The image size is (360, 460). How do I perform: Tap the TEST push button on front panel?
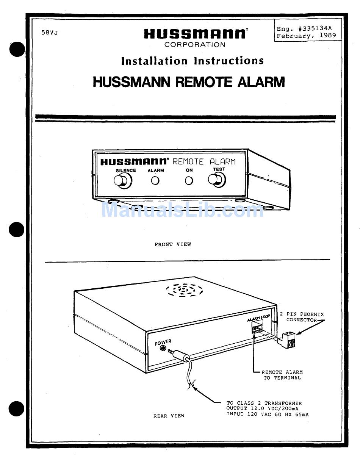(x=217, y=180)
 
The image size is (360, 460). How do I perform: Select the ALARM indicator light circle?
(x=155, y=181)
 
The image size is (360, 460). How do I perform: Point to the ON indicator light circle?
(x=189, y=181)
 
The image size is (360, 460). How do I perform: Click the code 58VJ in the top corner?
(x=50, y=33)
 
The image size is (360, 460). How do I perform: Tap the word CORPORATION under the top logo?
(x=195, y=45)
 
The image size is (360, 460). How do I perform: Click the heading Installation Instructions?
(x=193, y=61)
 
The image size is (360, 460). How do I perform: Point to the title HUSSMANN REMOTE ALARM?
(x=189, y=82)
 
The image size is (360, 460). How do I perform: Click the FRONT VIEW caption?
(x=172, y=244)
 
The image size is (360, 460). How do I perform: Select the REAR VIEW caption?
(x=169, y=416)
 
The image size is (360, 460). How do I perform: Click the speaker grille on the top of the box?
(x=184, y=290)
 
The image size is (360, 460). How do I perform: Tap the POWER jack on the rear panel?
(x=164, y=348)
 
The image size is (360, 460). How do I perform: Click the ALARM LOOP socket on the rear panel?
(x=257, y=329)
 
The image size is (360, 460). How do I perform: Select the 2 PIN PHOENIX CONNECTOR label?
(x=302, y=317)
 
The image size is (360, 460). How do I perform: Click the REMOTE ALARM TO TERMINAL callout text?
(x=282, y=375)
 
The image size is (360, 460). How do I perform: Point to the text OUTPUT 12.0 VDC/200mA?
(x=262, y=408)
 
